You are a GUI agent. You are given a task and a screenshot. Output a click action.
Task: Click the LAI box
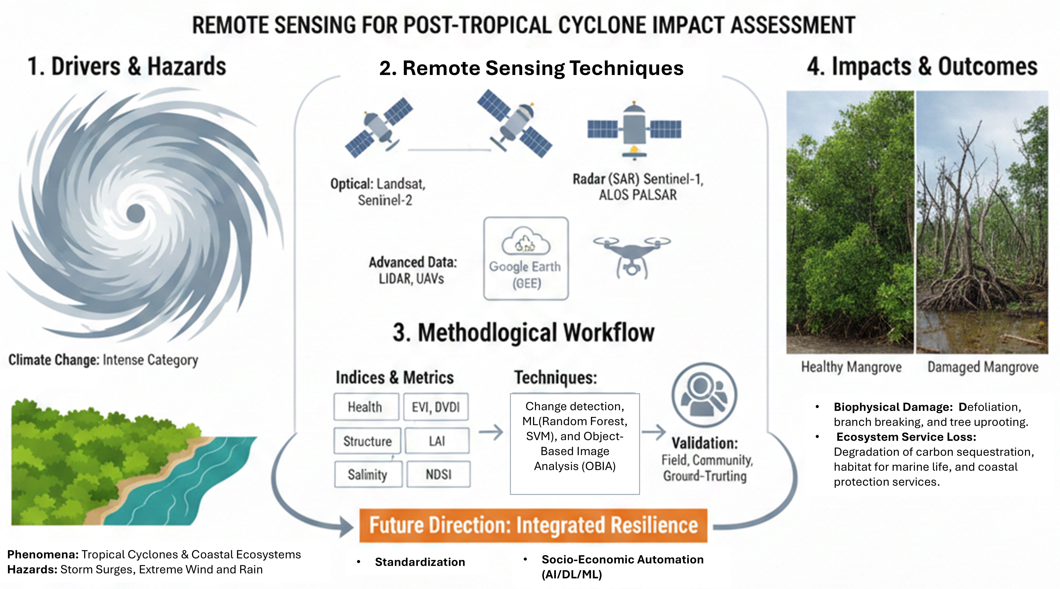tap(437, 441)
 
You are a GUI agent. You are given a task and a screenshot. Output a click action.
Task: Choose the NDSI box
tap(439, 474)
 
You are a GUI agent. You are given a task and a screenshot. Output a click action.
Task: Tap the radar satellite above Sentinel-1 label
tap(634, 130)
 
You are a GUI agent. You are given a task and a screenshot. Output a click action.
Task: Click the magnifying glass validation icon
tap(704, 395)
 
